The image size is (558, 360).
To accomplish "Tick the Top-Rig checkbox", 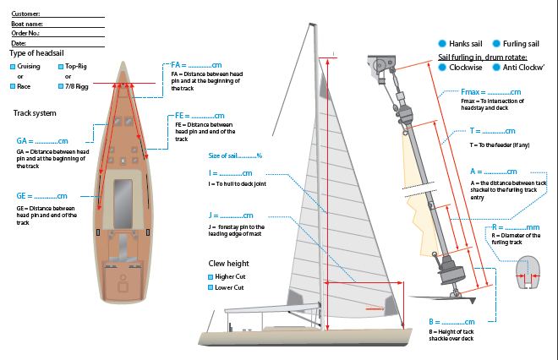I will pos(60,65).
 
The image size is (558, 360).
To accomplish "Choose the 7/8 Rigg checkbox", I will pos(60,86).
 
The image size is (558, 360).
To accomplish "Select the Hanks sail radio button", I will pos(442,43).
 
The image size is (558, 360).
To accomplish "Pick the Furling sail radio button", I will pos(495,43).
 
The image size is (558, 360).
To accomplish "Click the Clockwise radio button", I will pos(443,67).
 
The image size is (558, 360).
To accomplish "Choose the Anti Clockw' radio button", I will pos(495,67).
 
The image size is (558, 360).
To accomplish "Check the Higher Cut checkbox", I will pos(211,276).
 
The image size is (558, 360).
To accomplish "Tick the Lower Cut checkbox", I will pos(211,288).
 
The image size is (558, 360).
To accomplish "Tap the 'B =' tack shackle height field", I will pos(457,322).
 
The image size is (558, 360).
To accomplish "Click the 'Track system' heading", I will pos(36,112).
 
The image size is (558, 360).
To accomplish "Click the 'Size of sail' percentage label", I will pos(235,155).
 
